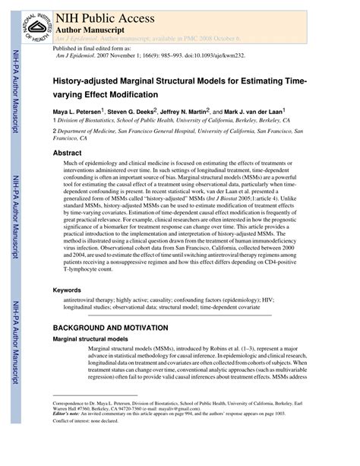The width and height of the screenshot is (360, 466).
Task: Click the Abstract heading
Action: click(x=67, y=153)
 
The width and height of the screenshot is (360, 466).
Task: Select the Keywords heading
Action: click(x=68, y=291)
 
